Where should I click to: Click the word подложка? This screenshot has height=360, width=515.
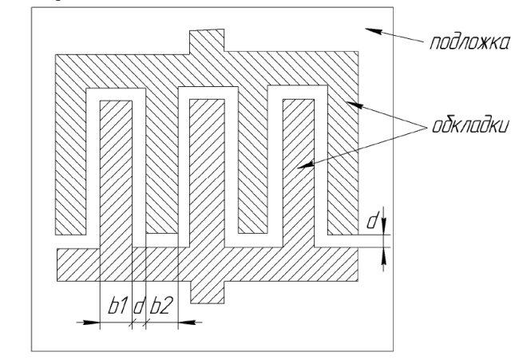(x=470, y=43)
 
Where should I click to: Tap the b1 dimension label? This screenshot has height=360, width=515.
(x=117, y=306)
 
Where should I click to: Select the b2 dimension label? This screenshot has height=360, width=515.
(x=161, y=306)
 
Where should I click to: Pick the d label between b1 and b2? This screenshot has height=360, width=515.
(x=139, y=306)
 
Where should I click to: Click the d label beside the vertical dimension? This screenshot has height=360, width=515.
(x=373, y=220)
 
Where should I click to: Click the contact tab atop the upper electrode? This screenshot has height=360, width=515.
(x=207, y=41)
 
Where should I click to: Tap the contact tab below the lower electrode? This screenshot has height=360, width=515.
(x=208, y=292)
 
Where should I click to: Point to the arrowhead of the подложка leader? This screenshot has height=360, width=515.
(x=374, y=31)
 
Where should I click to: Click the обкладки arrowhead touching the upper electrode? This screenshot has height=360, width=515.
(x=355, y=105)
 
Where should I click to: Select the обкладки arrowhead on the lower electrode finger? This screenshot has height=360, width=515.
(x=305, y=165)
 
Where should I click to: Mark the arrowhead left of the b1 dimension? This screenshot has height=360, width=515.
(x=91, y=322)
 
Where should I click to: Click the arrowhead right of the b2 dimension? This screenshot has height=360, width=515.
(x=187, y=322)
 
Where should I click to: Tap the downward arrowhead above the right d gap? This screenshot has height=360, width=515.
(x=383, y=227)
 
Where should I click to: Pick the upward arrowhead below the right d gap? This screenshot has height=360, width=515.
(x=383, y=255)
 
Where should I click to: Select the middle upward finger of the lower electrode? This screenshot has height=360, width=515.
(x=208, y=172)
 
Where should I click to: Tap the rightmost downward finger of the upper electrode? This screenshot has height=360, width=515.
(x=343, y=160)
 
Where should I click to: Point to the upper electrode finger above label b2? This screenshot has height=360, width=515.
(x=161, y=161)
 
